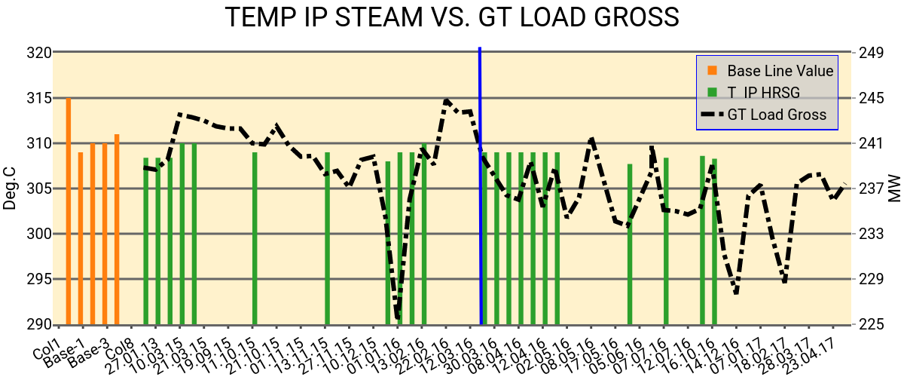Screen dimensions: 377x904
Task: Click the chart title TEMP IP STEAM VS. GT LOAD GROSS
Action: click(x=451, y=17)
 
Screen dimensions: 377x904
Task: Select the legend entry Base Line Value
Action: click(x=780, y=71)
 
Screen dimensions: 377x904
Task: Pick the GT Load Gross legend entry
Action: click(x=777, y=115)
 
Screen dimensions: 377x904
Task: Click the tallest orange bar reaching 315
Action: click(x=69, y=211)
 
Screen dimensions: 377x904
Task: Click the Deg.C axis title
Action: click(x=11, y=188)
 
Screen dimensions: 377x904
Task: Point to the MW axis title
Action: click(x=894, y=188)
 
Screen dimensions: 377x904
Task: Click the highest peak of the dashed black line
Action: click(x=447, y=100)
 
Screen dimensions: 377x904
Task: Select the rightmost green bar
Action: click(x=714, y=241)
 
